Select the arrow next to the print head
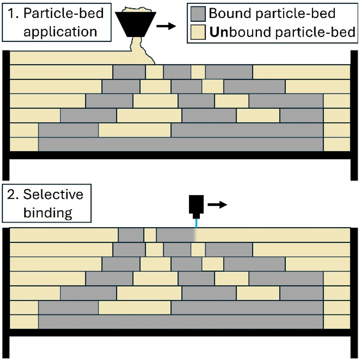coord(218,204)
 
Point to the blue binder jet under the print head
coord(196,222)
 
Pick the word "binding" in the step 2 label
coord(47,212)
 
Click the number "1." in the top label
coord(11,14)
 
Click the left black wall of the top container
coord(5,114)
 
